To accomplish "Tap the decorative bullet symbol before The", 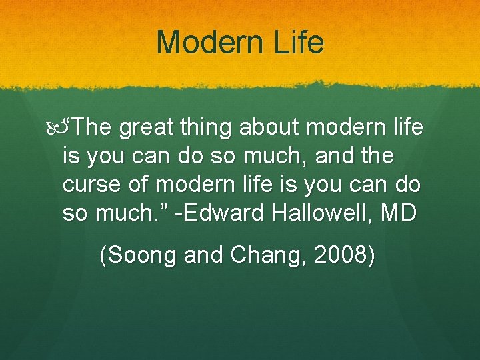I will (x=58, y=127).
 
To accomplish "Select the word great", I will (x=145, y=128).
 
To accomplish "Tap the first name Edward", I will (x=225, y=213).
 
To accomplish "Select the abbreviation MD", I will (x=398, y=213).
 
